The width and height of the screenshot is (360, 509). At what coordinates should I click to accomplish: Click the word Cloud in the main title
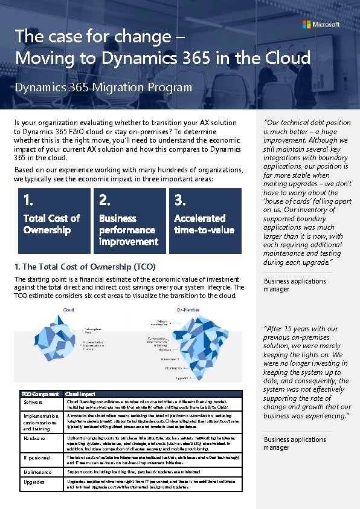click(x=287, y=58)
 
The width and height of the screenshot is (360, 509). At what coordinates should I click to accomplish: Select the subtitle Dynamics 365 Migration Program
click(x=103, y=87)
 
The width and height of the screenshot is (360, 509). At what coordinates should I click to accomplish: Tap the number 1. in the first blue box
click(x=28, y=199)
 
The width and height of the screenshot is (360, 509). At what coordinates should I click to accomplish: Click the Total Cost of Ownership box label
click(x=51, y=224)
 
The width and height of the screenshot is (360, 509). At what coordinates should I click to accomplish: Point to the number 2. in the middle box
click(x=104, y=199)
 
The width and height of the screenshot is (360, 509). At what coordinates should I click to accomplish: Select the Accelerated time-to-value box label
click(x=204, y=224)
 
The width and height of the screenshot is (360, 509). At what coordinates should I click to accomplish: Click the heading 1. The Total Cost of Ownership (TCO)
click(x=85, y=266)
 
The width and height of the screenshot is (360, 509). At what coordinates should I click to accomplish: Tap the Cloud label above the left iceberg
click(x=69, y=310)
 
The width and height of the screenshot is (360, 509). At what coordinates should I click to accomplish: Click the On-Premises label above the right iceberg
click(x=188, y=310)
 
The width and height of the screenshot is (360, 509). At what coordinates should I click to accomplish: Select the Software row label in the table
click(x=33, y=402)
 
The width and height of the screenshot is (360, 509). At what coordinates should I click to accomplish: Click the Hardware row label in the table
click(x=34, y=438)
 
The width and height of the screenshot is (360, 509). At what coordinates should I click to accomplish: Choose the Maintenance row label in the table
click(x=37, y=472)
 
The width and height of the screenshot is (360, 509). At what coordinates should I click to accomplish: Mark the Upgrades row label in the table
click(x=34, y=482)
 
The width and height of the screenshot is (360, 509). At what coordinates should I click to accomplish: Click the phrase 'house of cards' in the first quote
click(x=289, y=201)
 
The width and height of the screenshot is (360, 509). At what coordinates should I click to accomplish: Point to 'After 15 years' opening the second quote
click(x=288, y=329)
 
